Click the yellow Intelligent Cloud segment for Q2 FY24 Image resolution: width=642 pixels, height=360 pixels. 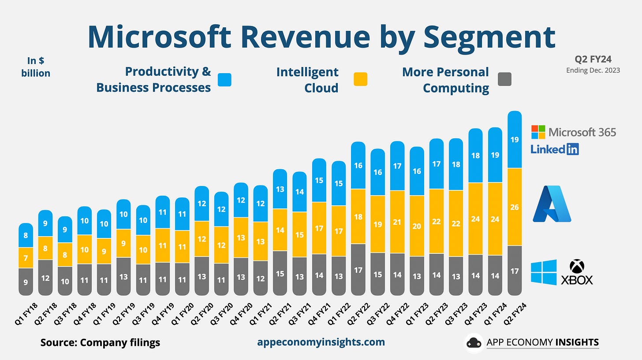[x=515, y=207]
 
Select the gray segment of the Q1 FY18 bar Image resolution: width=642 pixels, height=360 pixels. [x=26, y=282]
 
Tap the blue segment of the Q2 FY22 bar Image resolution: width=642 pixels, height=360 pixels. [x=358, y=165]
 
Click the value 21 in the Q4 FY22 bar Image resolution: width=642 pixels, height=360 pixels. [x=397, y=222]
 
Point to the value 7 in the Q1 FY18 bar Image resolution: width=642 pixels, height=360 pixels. [x=26, y=258]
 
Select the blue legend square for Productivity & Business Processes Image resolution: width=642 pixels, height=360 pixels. [x=224, y=79]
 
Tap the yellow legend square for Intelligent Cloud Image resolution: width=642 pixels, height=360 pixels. [x=360, y=79]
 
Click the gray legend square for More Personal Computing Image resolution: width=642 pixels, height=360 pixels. [x=504, y=79]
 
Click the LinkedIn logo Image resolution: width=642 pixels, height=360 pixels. [x=555, y=149]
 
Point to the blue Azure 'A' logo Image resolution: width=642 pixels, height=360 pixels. [x=552, y=204]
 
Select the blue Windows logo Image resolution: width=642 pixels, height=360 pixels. [x=543, y=272]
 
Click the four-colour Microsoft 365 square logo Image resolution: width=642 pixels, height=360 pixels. [x=538, y=132]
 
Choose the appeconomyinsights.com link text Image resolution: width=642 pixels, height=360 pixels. [x=321, y=342]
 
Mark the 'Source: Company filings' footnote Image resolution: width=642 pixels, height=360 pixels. [x=100, y=342]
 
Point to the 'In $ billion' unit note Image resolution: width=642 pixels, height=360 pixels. [x=36, y=67]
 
